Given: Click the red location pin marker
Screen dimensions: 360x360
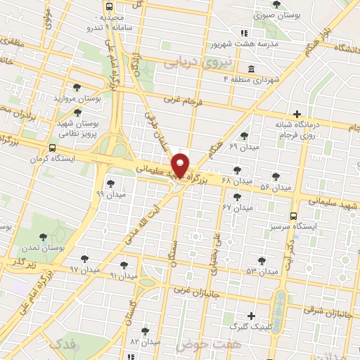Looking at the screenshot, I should tap(181, 165).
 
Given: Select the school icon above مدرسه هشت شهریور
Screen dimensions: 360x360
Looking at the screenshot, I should tap(244, 32).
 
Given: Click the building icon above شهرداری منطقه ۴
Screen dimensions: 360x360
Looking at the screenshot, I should tap(251, 69).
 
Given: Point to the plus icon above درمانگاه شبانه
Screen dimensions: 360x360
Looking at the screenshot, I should tap(297, 113).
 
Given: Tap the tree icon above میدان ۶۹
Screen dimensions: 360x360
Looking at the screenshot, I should tap(244, 136).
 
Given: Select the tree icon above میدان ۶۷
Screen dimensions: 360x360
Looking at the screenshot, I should tap(238, 197).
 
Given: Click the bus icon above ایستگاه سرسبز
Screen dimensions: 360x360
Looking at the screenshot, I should tap(294, 217).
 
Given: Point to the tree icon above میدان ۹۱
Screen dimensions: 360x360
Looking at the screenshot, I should tap(124, 266).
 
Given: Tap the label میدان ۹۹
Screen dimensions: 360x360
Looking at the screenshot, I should tap(110, 193).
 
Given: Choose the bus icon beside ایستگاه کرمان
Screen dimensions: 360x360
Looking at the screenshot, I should tap(53, 148).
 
